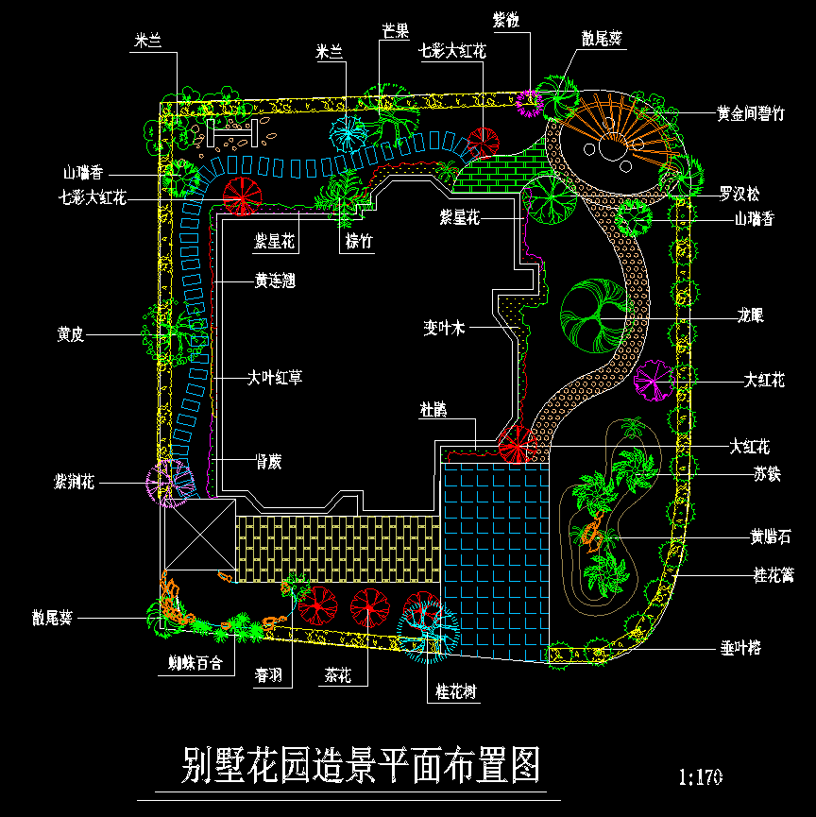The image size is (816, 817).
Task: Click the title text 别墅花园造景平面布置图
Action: coord(361,766)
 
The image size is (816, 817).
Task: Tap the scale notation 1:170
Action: coord(701,777)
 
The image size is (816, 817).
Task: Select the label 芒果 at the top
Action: coord(396,31)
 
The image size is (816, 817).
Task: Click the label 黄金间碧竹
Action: coord(750,114)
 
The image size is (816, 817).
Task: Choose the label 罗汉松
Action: coord(739,194)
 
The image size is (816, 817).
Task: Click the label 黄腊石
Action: coord(770,537)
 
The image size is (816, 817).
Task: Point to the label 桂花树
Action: coord(456,692)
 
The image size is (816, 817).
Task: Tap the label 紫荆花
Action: coord(75,483)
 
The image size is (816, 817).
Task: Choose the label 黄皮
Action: coord(71,334)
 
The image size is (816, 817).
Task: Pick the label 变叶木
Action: coord(444,329)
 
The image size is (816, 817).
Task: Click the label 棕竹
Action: coord(359,242)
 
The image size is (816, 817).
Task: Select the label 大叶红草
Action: coord(275,378)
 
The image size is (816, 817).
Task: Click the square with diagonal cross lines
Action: coord(198,535)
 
